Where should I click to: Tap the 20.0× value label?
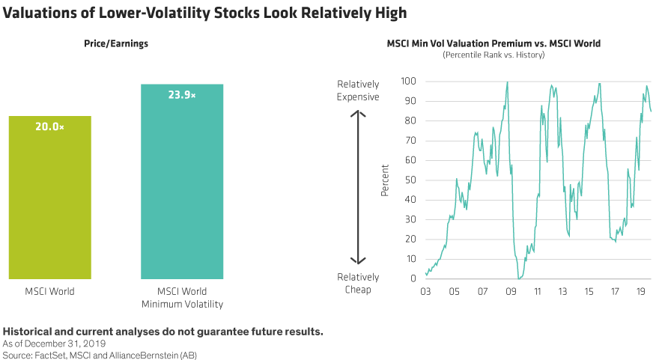pyautogui.click(x=49, y=127)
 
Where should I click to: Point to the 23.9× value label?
pyautogui.click(x=182, y=95)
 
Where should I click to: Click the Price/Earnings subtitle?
pyautogui.click(x=115, y=44)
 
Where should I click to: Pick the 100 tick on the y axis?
pyautogui.click(x=408, y=81)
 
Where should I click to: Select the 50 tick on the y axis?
pyautogui.click(x=410, y=180)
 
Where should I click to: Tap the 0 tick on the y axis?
pyautogui.click(x=413, y=278)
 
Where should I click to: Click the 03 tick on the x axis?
pyautogui.click(x=426, y=291)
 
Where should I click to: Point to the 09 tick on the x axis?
pyautogui.click(x=511, y=291)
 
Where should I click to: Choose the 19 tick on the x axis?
pyautogui.click(x=641, y=291)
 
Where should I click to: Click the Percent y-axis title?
pyautogui.click(x=386, y=180)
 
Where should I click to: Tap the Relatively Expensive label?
pyautogui.click(x=358, y=91)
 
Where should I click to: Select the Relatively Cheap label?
pyautogui.click(x=358, y=283)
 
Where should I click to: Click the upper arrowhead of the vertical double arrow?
pyautogui.click(x=358, y=114)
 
